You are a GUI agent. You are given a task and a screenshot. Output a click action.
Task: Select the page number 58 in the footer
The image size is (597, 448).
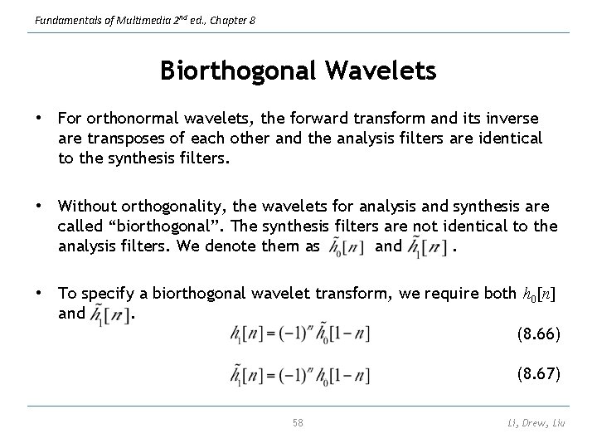pyautogui.click(x=298, y=422)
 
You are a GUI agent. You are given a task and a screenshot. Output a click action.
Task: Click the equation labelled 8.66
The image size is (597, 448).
pyautogui.click(x=300, y=334)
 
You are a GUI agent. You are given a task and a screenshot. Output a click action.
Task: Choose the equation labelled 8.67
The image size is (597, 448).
pyautogui.click(x=300, y=375)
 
